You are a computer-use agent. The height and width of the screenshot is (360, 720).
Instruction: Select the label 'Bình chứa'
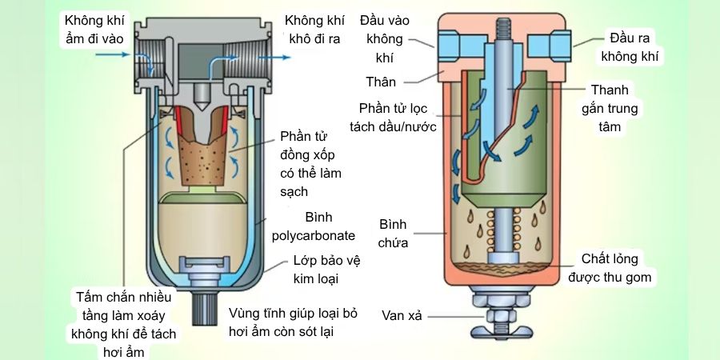pos(394,232)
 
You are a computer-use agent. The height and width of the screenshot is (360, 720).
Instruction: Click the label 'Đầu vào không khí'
pos(386,38)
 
